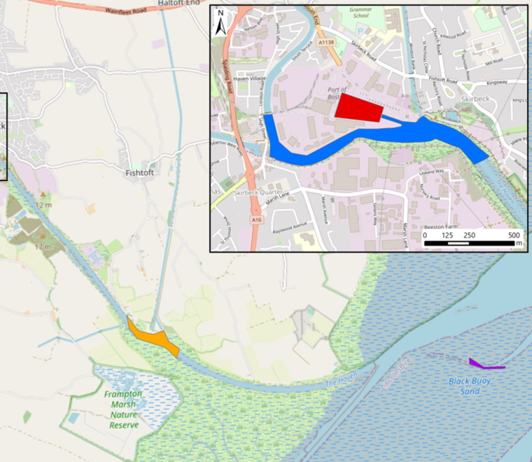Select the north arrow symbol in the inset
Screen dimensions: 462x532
[x=220, y=23]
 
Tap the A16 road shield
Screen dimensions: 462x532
[x=258, y=220]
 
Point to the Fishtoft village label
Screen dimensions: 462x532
[x=143, y=171]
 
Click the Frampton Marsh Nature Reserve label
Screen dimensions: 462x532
[x=122, y=409]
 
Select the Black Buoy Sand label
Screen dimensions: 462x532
[x=470, y=386]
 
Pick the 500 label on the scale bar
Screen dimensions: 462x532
[x=514, y=234]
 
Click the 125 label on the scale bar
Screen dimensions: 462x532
[x=447, y=234]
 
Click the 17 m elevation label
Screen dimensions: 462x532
[x=43, y=247]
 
